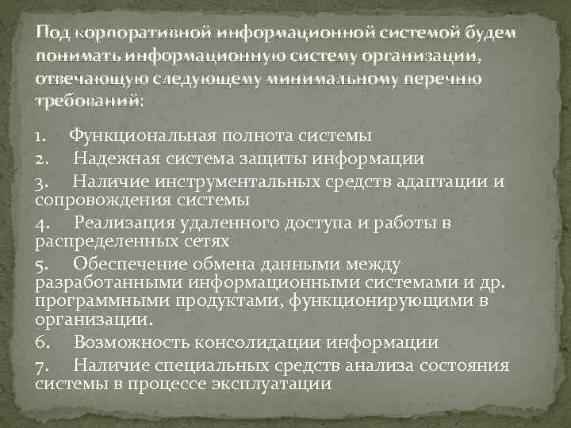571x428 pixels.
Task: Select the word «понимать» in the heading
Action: tap(75, 57)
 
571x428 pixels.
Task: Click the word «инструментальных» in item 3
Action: tap(243, 183)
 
